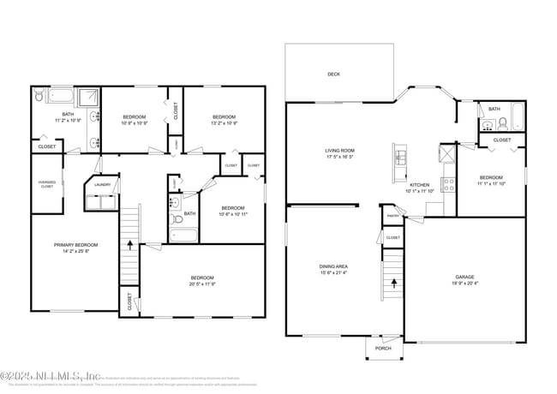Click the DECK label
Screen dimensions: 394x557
click(x=333, y=75)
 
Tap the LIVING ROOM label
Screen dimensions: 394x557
click(x=340, y=151)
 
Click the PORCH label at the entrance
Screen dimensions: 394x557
click(x=383, y=349)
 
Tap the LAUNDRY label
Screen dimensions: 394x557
click(x=103, y=184)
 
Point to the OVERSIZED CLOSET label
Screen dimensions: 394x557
click(x=46, y=184)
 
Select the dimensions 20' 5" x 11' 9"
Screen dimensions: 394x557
click(x=202, y=284)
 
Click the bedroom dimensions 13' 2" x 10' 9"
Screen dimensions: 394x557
click(x=224, y=122)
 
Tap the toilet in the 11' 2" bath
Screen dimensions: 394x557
click(x=39, y=98)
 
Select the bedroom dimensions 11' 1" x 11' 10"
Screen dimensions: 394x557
click(x=492, y=183)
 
